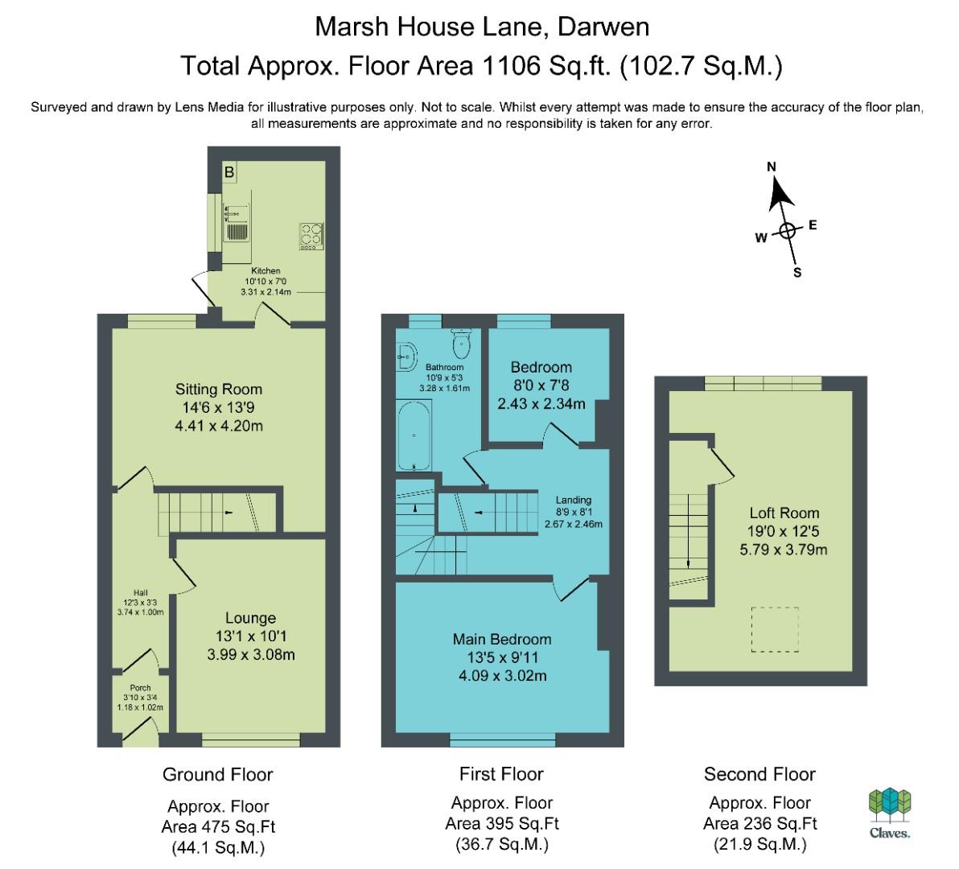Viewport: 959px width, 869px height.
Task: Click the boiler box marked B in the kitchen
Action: click(229, 172)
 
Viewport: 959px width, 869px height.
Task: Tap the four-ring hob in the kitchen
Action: click(311, 236)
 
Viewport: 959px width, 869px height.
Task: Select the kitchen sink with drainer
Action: click(237, 223)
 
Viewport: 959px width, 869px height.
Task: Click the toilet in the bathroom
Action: click(462, 344)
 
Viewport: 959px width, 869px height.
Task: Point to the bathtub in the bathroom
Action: click(414, 434)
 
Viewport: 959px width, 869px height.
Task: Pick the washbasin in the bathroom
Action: click(407, 356)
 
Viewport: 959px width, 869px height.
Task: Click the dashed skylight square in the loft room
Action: click(775, 629)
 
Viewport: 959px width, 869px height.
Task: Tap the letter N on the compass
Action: click(772, 167)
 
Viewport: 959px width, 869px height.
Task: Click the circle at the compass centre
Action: click(787, 231)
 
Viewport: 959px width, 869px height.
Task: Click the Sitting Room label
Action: click(219, 389)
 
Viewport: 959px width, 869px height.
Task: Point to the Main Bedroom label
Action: click(502, 639)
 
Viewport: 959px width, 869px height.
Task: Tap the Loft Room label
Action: click(784, 513)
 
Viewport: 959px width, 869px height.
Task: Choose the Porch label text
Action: click(140, 687)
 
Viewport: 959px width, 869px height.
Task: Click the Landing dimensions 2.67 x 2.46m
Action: click(574, 524)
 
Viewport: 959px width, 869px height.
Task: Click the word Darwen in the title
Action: click(603, 27)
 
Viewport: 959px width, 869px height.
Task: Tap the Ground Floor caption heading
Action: click(218, 774)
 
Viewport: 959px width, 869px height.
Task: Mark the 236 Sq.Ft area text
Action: click(760, 823)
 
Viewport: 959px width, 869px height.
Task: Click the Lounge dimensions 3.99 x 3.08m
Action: click(251, 654)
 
